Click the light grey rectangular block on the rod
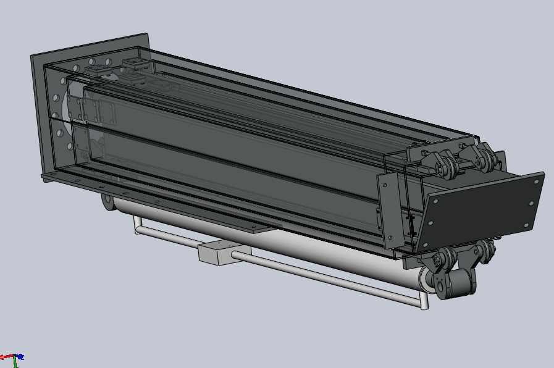pos(217,253)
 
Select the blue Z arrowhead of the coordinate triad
pos(20,356)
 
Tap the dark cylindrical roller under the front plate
pos(461,283)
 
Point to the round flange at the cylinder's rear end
pos(107,203)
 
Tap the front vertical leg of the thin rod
pos(423,301)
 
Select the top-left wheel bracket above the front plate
pos(440,162)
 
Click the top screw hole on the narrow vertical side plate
pos(384,183)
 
